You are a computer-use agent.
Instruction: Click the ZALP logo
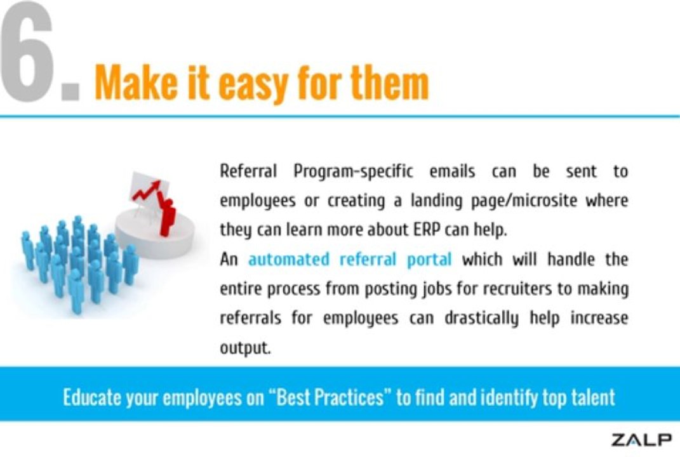click(641, 439)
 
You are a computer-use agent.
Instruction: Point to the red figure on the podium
click(167, 216)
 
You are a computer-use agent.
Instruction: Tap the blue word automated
click(289, 259)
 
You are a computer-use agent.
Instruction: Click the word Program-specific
click(353, 171)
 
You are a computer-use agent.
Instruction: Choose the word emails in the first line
click(452, 171)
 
